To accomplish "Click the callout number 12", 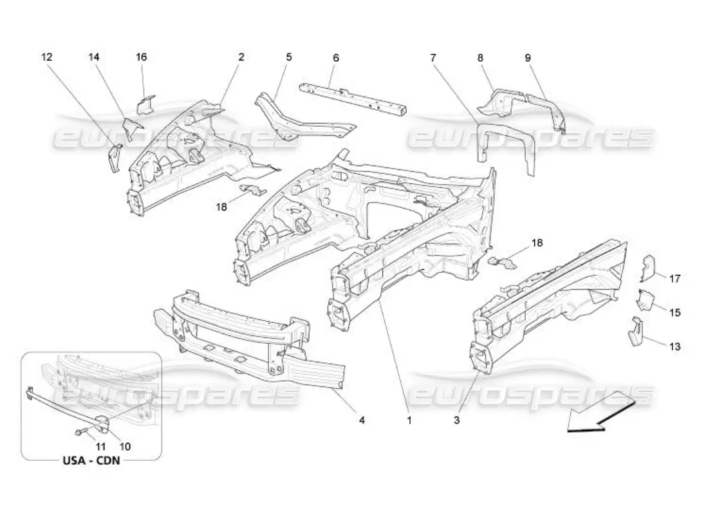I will pos(46,57).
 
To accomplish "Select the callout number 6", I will pos(335,57).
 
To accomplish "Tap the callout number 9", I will pos(527,57).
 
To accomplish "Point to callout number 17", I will pos(675,279).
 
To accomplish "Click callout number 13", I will pos(675,346).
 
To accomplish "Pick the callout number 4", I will pos(362,420).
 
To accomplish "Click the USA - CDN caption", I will pos(90,461).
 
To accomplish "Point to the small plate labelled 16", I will pos(146,104).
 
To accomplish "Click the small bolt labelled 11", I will pos(80,432).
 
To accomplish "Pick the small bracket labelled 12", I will pos(115,158).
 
